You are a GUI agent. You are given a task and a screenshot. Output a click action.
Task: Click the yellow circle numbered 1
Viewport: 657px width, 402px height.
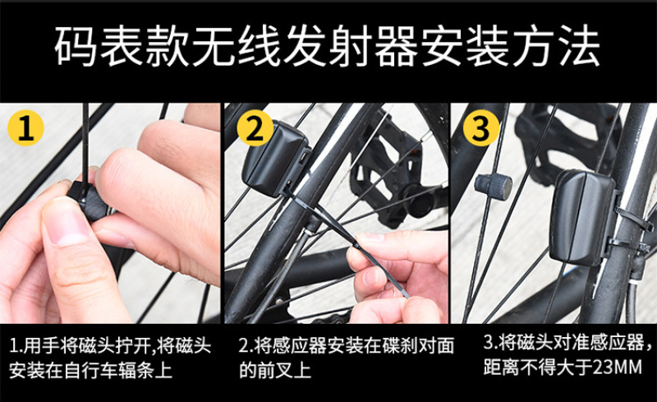point(26,128)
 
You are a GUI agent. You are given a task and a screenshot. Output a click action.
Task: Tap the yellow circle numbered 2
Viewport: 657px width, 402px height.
point(255,127)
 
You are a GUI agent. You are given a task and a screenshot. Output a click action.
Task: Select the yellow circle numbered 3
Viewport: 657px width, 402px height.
point(481,127)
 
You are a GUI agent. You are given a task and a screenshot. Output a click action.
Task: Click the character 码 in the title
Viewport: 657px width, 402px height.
point(76,46)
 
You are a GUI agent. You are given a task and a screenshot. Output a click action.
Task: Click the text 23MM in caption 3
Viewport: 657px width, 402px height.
point(618,367)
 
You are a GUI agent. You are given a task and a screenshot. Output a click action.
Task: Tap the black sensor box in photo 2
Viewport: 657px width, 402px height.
point(275,159)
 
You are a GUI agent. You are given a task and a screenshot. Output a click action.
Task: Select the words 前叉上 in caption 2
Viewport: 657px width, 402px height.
point(284,370)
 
